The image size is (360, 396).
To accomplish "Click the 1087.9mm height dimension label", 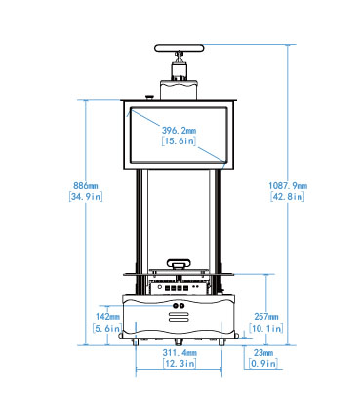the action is [x=288, y=186].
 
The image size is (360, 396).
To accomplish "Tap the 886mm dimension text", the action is [x=86, y=186].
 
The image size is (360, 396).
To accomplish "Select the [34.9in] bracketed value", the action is [x=86, y=196].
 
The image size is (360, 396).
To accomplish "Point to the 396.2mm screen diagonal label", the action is [x=180, y=131].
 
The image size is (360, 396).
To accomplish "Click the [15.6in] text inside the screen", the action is [x=180, y=140].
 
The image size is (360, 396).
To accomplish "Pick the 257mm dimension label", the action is [x=266, y=316].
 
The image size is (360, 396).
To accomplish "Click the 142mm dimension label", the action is [x=107, y=316].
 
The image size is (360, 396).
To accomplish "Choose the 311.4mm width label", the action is [x=180, y=352].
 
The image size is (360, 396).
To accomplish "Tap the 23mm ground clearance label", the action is [x=263, y=352].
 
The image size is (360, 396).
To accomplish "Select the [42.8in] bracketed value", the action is [x=288, y=196].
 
